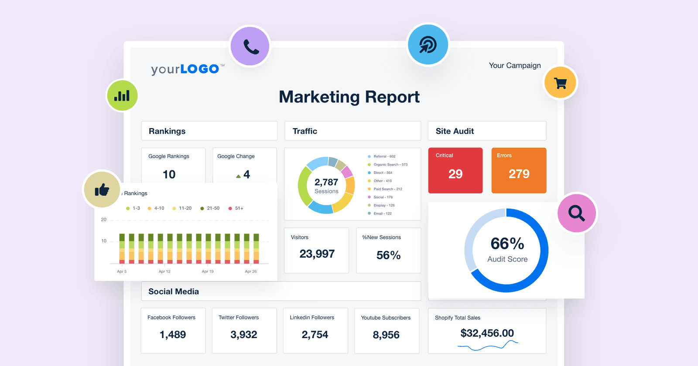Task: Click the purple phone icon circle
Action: (250, 46)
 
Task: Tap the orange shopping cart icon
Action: (561, 82)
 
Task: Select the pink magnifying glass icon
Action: (577, 213)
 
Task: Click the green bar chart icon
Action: (122, 95)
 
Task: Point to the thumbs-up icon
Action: (102, 190)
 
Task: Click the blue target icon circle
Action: (428, 44)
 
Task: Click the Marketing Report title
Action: (349, 97)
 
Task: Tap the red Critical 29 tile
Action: (455, 170)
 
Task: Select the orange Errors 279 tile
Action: (519, 170)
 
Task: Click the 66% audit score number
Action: (507, 244)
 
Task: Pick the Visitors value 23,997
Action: (317, 254)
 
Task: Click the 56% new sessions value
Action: (388, 255)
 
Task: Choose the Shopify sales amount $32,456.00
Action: (487, 333)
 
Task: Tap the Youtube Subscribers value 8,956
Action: (386, 335)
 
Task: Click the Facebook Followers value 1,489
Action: (173, 335)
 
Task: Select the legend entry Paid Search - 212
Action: (387, 189)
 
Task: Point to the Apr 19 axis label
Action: (208, 271)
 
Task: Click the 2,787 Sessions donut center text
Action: (326, 186)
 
